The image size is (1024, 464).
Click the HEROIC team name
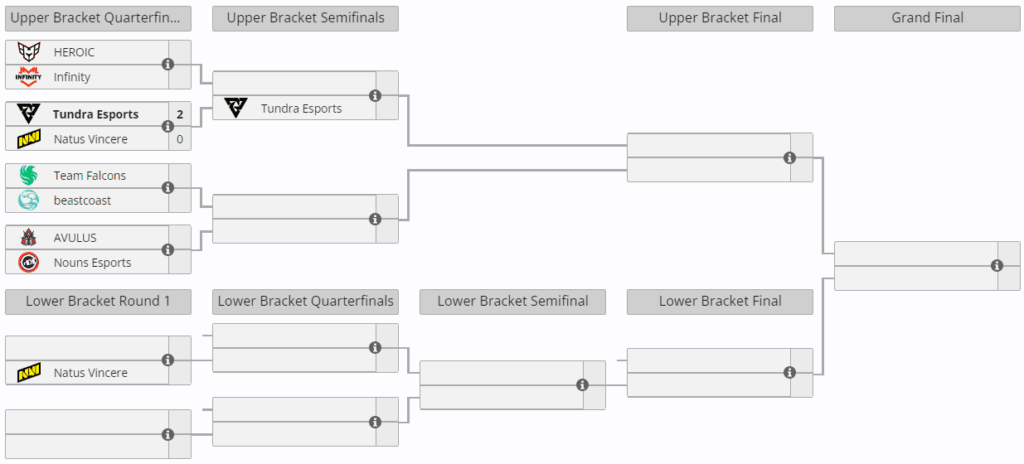click(74, 52)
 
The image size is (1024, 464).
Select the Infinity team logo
click(28, 77)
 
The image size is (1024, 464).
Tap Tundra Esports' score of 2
click(180, 114)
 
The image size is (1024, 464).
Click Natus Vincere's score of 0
click(180, 139)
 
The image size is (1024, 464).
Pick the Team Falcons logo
click(28, 176)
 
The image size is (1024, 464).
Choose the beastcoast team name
click(82, 201)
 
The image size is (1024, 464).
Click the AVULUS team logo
click(28, 237)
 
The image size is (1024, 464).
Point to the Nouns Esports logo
click(28, 262)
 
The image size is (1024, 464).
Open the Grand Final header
click(927, 18)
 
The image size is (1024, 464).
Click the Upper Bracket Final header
click(720, 18)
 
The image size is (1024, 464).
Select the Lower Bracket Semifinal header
click(513, 301)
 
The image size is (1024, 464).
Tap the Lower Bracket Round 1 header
click(98, 301)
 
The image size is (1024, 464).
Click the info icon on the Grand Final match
click(997, 265)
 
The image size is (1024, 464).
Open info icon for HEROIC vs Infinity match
click(168, 64)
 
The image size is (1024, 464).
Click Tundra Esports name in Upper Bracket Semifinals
click(301, 108)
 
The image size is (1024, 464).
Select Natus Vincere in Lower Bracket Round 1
click(90, 373)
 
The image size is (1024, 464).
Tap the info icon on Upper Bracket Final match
click(790, 157)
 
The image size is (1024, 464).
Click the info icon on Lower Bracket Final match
click(790, 373)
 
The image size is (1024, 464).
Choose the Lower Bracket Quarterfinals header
click(305, 301)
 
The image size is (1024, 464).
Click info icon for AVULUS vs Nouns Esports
click(168, 250)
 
